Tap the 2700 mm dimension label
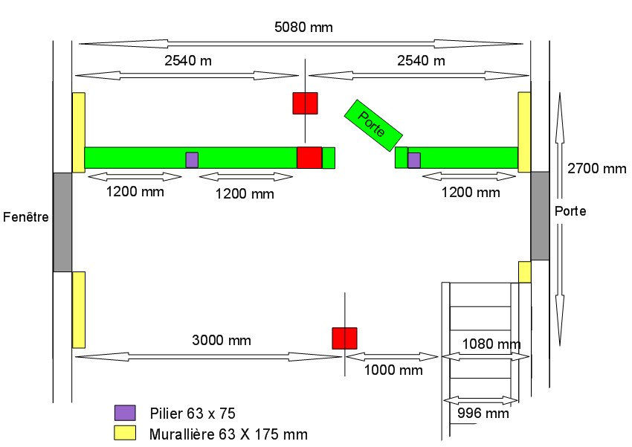tap(597, 169)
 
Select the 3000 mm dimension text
tap(222, 341)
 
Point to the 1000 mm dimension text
tap(393, 370)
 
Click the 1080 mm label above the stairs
tap(491, 344)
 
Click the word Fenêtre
tap(26, 218)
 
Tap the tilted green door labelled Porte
tap(373, 124)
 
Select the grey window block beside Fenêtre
tap(62, 222)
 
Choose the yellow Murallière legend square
tap(125, 433)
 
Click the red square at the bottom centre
tap(344, 338)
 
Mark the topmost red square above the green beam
tap(305, 103)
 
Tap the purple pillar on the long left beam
tap(192, 160)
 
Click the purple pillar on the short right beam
tap(414, 160)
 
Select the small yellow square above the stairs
tap(524, 271)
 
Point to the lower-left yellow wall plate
tap(78, 309)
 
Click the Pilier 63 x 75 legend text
tap(193, 413)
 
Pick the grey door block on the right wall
tap(540, 215)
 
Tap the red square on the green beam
tap(309, 158)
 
